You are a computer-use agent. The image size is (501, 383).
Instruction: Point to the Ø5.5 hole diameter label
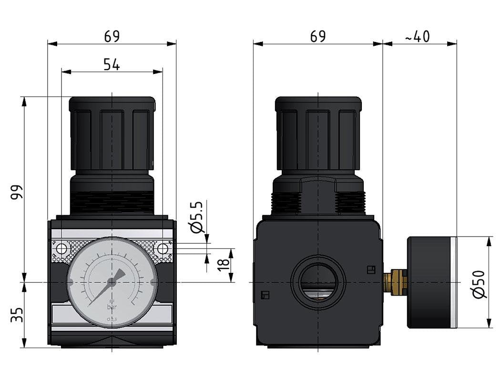(x=197, y=217)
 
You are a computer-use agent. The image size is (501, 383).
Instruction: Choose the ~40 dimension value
(x=418, y=36)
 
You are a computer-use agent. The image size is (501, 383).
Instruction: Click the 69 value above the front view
(x=112, y=36)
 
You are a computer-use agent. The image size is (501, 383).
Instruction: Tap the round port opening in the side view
(x=317, y=282)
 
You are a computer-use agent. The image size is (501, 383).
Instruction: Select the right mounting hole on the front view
(x=163, y=249)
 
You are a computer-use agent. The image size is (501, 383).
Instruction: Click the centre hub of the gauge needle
(x=112, y=282)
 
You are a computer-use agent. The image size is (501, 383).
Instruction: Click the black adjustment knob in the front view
(x=112, y=134)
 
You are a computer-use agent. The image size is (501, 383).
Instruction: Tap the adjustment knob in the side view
(x=318, y=134)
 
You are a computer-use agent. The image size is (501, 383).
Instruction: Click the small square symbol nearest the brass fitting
(x=370, y=270)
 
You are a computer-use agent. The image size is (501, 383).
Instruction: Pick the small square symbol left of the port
(x=266, y=295)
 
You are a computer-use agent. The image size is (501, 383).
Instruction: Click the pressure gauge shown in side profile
(x=431, y=282)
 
